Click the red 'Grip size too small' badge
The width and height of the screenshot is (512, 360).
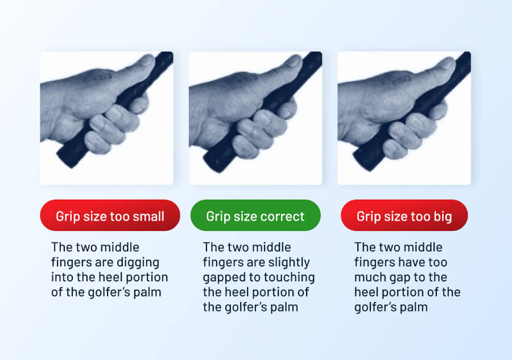(110, 216)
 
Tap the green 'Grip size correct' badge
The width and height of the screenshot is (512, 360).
(255, 216)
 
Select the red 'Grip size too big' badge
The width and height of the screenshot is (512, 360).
(404, 216)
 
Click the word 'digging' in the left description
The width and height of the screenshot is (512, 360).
(141, 263)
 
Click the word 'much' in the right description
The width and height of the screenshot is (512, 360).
(370, 278)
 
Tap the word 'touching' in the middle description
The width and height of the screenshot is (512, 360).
(294, 278)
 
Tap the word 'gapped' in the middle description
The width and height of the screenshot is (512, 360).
(223, 278)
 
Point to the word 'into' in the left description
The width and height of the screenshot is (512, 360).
(61, 278)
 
